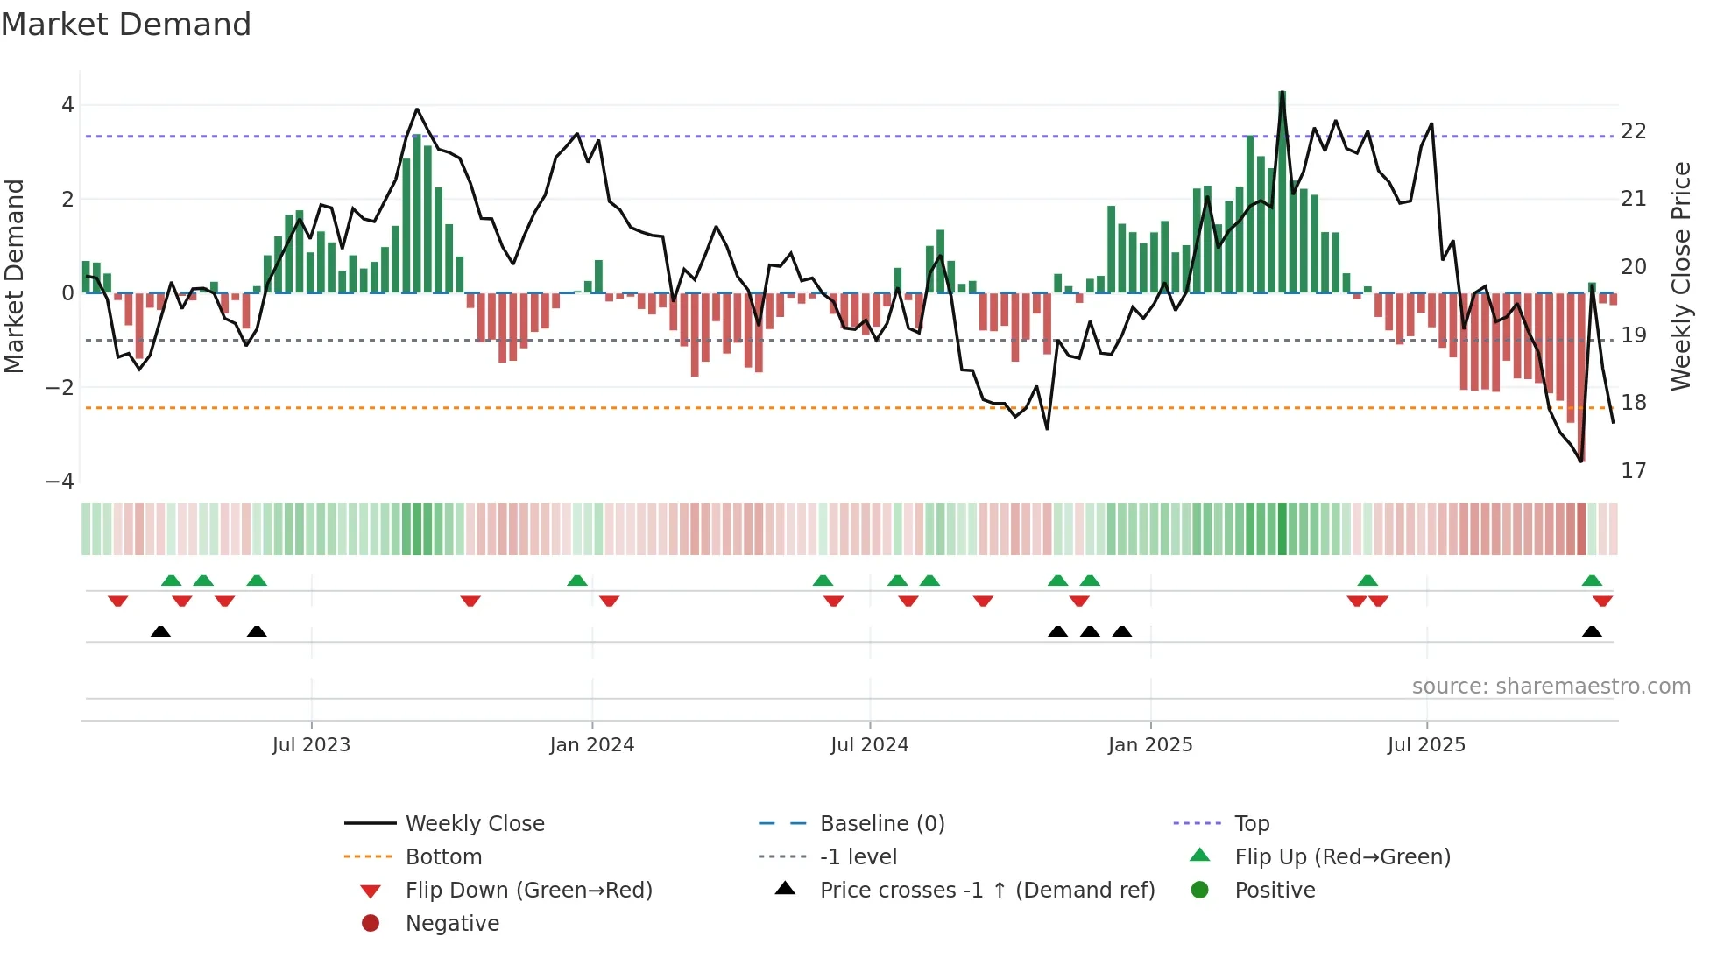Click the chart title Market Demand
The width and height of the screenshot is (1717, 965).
[126, 25]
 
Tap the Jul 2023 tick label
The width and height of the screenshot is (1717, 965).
[311, 745]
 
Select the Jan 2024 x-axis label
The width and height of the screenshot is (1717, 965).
[591, 745]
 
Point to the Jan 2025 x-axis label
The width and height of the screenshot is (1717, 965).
[1149, 745]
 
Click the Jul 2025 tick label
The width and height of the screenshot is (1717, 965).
[1426, 745]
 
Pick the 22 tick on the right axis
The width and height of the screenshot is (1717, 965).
[1633, 131]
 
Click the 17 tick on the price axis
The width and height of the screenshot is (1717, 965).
[1633, 471]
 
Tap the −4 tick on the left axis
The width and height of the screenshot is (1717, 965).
[60, 482]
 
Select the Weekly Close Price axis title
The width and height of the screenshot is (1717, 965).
[1680, 276]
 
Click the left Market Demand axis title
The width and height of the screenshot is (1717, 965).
[14, 276]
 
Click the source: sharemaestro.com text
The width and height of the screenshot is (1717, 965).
[1551, 687]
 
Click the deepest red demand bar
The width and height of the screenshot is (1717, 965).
[1581, 377]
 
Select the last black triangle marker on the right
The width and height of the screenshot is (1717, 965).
[1592, 632]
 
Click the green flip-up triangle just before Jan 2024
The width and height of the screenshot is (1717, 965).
[577, 581]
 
